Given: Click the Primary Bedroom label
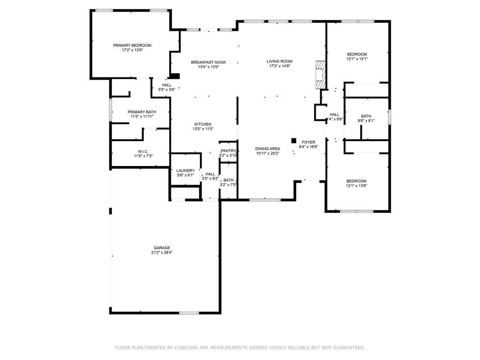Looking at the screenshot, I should (132, 45).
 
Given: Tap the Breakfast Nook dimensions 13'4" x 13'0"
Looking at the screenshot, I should (208, 67).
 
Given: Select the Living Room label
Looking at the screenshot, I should (279, 61).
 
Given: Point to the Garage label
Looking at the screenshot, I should (162, 248).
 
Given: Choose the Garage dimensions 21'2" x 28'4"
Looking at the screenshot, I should (162, 253).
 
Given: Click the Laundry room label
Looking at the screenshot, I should (185, 171).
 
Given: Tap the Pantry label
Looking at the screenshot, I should (228, 150).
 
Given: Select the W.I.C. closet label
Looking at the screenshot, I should (143, 151).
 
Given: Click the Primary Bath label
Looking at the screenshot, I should (142, 112).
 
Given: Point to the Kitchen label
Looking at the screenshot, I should (203, 124).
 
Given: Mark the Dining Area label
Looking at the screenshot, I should (268, 149).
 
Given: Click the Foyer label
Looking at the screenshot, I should (308, 142).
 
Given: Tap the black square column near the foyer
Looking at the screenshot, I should (294, 140).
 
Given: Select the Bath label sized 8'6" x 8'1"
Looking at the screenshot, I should (366, 116).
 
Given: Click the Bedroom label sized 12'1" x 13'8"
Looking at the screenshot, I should (356, 181).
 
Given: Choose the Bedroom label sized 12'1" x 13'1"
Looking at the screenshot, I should (357, 54).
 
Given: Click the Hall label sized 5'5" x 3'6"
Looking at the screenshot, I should (166, 85).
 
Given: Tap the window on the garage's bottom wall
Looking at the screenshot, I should (189, 313).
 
